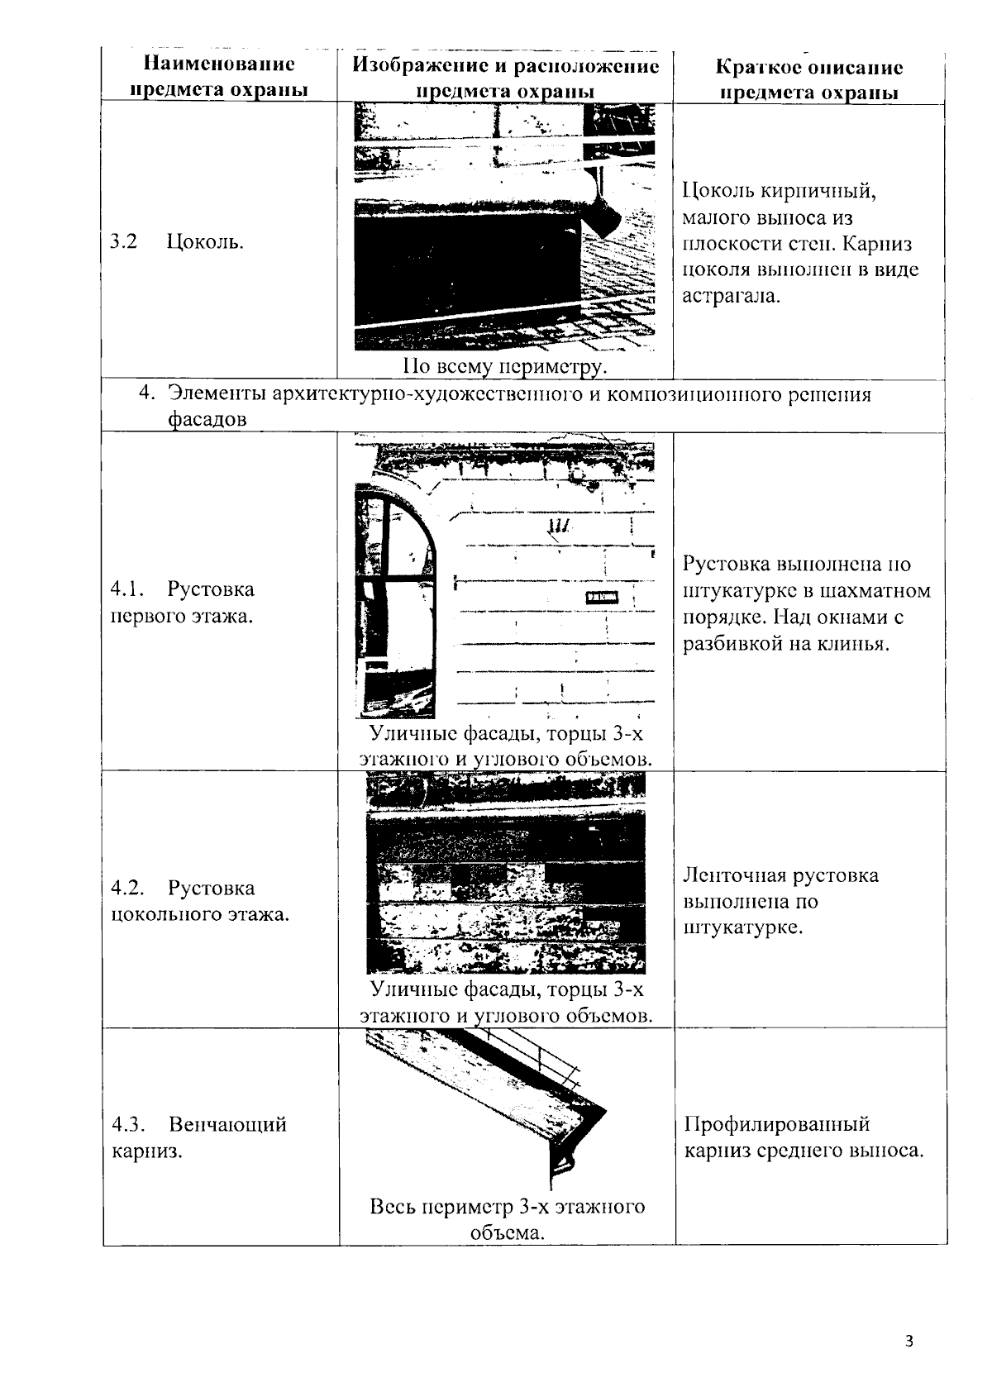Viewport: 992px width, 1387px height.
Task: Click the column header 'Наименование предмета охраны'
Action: coord(219,77)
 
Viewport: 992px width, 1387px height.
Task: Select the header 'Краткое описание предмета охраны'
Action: coord(808,79)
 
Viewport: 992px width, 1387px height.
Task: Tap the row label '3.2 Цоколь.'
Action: coord(177,242)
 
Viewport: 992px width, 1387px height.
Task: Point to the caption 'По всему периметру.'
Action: coord(505,366)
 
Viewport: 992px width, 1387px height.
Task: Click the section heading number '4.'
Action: coord(146,394)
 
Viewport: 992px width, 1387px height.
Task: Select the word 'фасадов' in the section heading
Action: coord(207,419)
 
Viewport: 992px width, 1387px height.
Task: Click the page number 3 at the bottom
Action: coord(909,1341)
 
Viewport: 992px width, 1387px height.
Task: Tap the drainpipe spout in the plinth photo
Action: coord(606,217)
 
